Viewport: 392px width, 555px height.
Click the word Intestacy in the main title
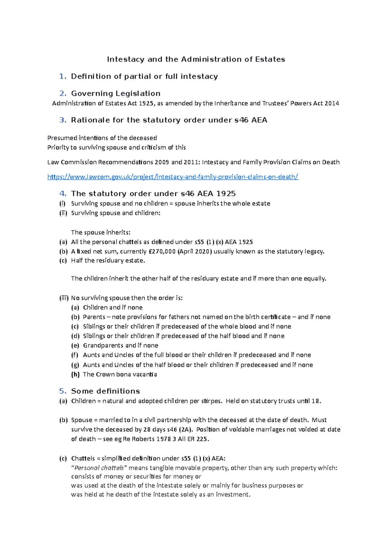[125, 59]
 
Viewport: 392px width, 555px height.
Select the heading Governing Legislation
[116, 93]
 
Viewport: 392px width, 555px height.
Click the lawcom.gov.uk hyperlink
[172, 177]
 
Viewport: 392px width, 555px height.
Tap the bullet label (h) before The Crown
[75, 374]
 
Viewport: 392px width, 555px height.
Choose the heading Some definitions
[105, 391]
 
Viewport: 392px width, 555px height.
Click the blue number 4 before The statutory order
[63, 193]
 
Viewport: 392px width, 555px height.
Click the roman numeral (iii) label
[64, 298]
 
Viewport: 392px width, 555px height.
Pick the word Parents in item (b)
[94, 317]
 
